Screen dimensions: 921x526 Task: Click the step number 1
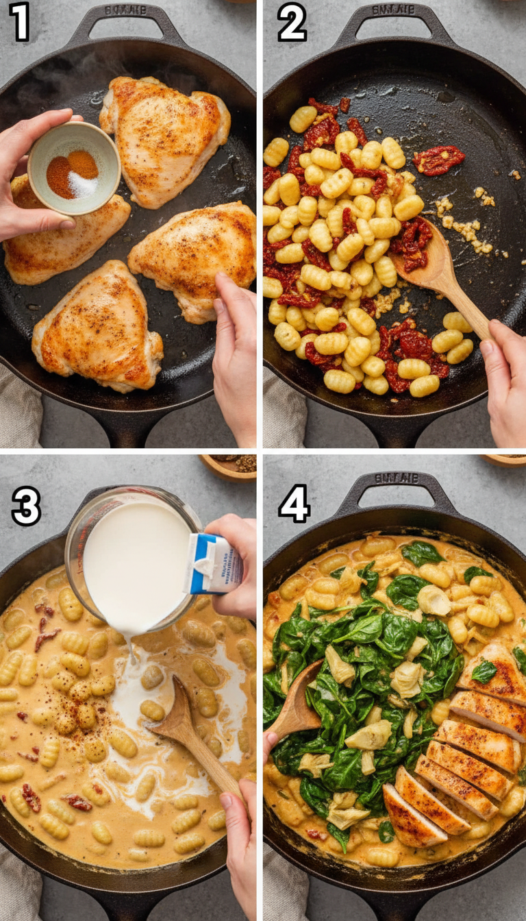18,22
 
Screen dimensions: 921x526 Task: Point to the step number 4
295,506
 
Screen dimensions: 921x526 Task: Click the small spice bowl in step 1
73,168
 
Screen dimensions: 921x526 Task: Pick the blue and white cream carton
214,563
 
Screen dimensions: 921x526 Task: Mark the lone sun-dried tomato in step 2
438,159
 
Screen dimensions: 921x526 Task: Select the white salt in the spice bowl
82,184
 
